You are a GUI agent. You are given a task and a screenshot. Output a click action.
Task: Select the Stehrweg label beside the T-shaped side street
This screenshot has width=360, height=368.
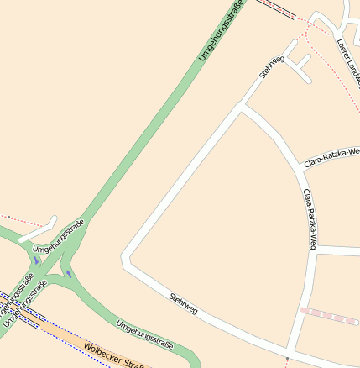click(272, 67)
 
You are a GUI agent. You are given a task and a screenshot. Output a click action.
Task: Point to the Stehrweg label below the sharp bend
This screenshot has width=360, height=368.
click(183, 304)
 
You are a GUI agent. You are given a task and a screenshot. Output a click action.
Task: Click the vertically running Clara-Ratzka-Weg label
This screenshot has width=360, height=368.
click(309, 218)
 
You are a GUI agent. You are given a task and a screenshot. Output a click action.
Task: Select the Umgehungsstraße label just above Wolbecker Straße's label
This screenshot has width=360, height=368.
click(144, 334)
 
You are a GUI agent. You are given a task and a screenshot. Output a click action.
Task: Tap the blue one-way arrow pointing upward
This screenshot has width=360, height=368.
click(36, 260)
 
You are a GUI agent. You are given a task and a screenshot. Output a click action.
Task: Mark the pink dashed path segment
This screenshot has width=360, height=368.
click(329, 316)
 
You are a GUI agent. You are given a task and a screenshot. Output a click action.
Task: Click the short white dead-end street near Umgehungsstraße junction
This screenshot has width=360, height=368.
click(39, 229)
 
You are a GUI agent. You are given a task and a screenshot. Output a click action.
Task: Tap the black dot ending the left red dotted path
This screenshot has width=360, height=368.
click(8, 217)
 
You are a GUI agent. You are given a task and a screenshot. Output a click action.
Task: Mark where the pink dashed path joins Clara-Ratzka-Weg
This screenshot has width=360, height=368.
click(300, 310)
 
